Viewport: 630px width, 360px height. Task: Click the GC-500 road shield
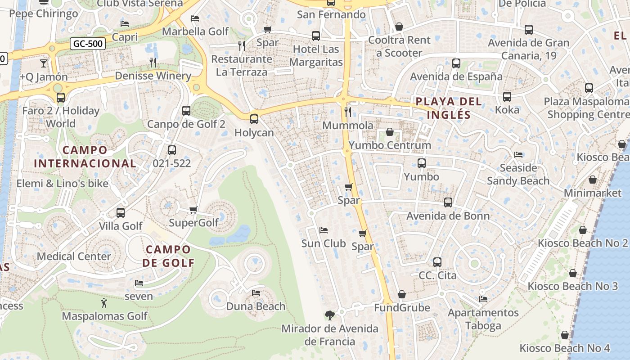click(x=88, y=44)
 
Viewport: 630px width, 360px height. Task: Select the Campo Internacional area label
click(x=85, y=157)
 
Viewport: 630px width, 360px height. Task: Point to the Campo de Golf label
click(x=168, y=256)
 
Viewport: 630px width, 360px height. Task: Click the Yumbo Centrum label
click(x=390, y=145)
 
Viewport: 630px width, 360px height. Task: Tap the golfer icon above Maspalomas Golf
click(x=104, y=303)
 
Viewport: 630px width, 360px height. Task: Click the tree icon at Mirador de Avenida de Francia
click(x=330, y=315)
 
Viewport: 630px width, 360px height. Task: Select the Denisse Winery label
click(x=153, y=76)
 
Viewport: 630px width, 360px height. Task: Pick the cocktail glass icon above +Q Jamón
click(x=44, y=63)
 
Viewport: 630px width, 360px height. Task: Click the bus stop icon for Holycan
click(x=254, y=119)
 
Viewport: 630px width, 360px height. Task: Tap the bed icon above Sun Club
click(x=323, y=230)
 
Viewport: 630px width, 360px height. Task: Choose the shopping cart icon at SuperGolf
click(x=193, y=210)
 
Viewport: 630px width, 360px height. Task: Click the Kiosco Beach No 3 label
click(x=572, y=286)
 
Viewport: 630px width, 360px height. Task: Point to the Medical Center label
click(x=74, y=256)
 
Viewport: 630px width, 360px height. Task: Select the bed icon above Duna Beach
click(x=256, y=293)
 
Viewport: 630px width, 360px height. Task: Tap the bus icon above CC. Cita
click(x=437, y=262)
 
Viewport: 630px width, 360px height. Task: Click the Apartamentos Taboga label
click(x=483, y=319)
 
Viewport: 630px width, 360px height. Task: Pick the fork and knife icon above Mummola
click(x=347, y=112)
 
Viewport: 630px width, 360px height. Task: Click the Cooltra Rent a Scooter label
click(x=399, y=46)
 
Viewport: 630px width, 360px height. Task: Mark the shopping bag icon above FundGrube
click(x=402, y=294)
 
